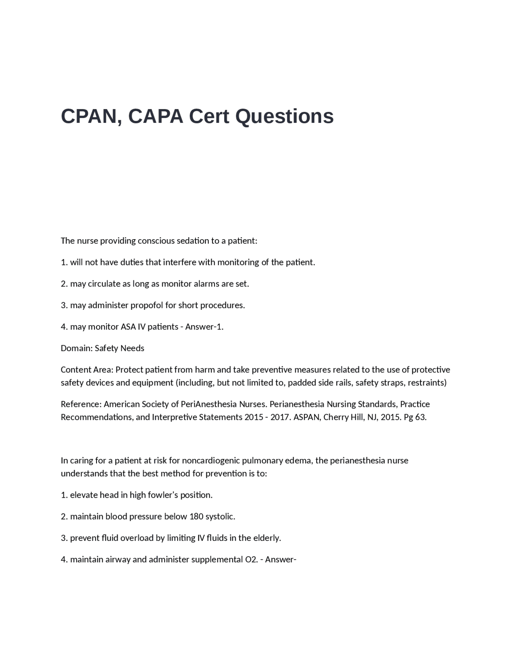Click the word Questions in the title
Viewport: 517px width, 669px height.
pyautogui.click(x=284, y=116)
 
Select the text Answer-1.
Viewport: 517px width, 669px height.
pyautogui.click(x=204, y=326)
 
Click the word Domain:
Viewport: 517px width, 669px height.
pyautogui.click(x=76, y=348)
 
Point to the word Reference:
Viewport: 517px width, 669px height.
pyautogui.click(x=81, y=404)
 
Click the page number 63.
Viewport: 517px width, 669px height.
pyautogui.click(x=420, y=417)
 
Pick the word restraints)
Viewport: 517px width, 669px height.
pyautogui.click(x=427, y=383)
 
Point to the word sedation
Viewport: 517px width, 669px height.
pyautogui.click(x=192, y=241)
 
